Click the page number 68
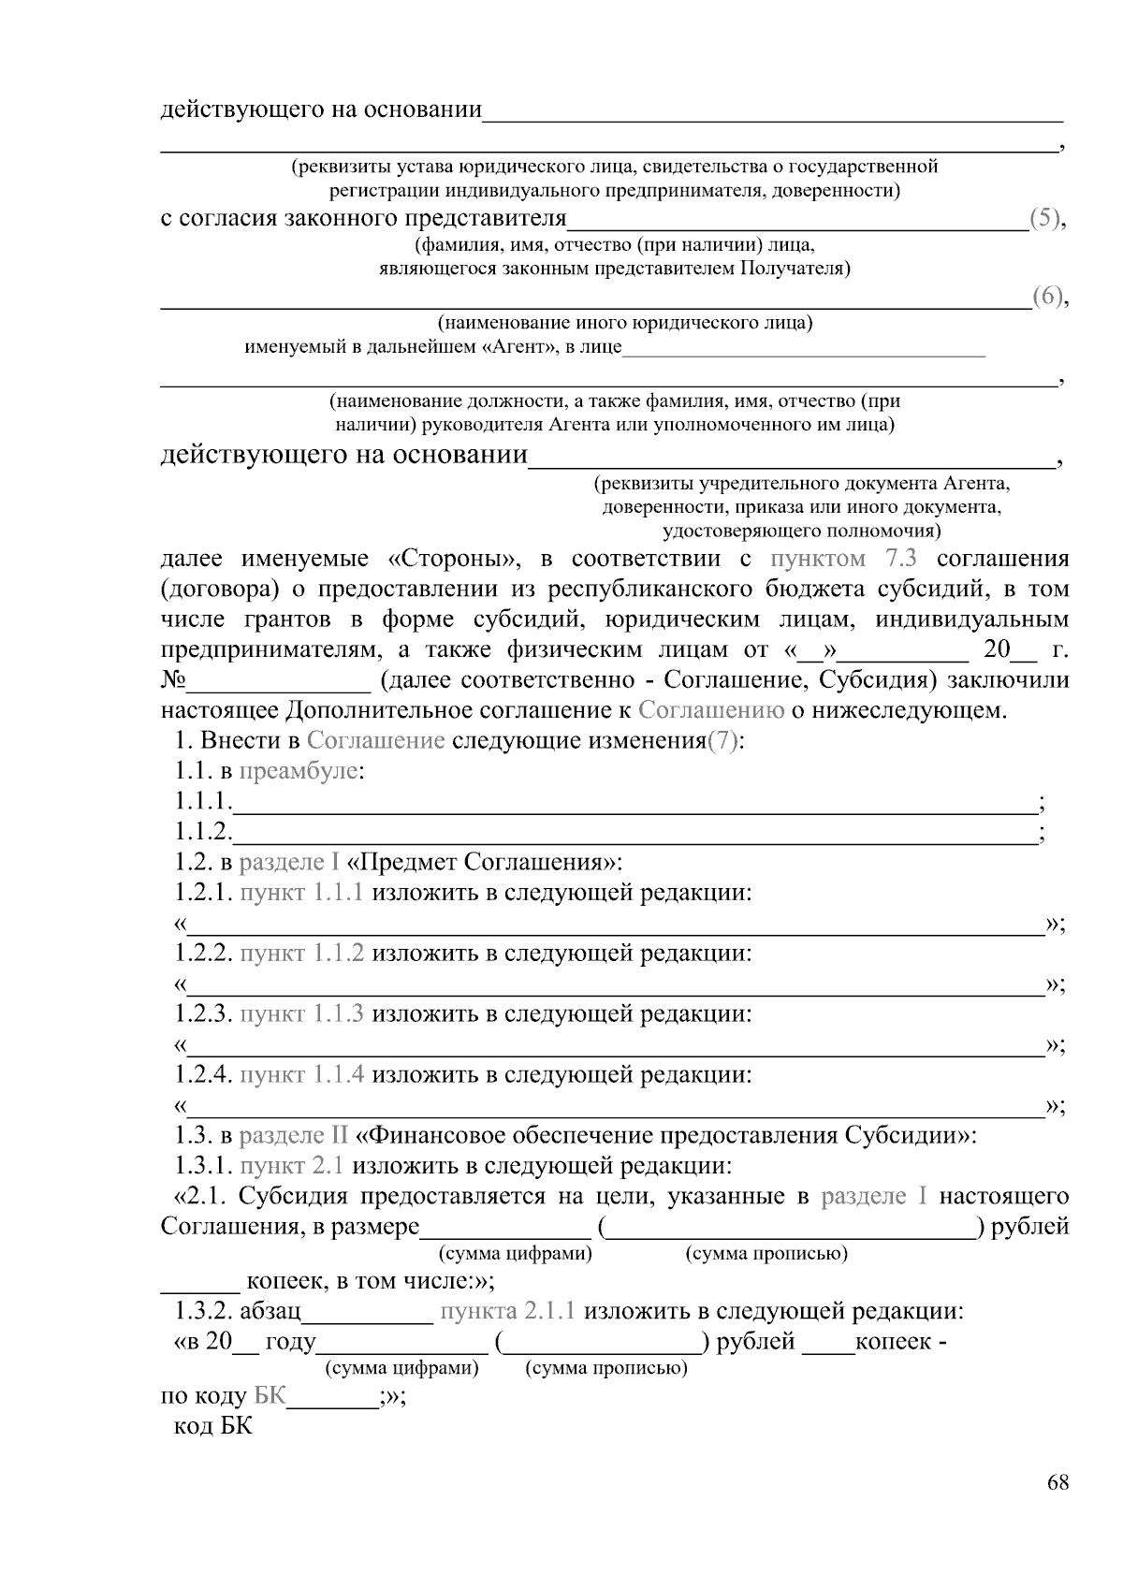(1057, 1482)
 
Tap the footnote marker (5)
(1045, 219)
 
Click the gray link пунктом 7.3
(842, 560)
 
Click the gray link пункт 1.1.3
(301, 1014)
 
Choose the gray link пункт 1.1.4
(301, 1075)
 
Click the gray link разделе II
(293, 1136)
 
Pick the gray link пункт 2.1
(292, 1166)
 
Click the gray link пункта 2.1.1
(507, 1311)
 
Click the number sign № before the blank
(174, 680)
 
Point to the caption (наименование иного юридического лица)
(624, 324)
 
